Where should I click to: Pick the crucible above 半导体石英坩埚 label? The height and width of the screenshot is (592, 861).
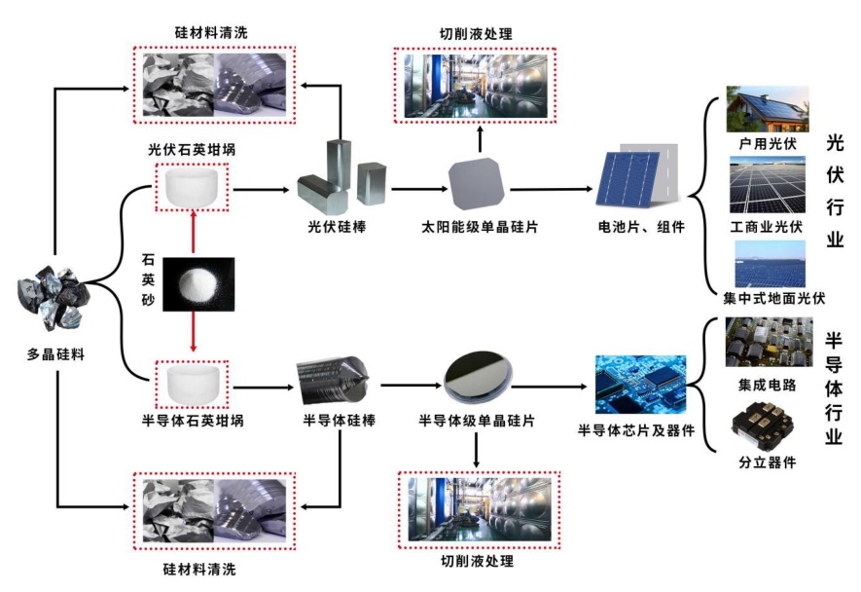pos(192,385)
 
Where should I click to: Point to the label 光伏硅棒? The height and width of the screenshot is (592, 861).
pos(336,226)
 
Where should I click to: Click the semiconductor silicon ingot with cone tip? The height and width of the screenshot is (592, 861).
pos(332,381)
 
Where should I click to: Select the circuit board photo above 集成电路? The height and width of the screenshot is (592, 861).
pos(768,343)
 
